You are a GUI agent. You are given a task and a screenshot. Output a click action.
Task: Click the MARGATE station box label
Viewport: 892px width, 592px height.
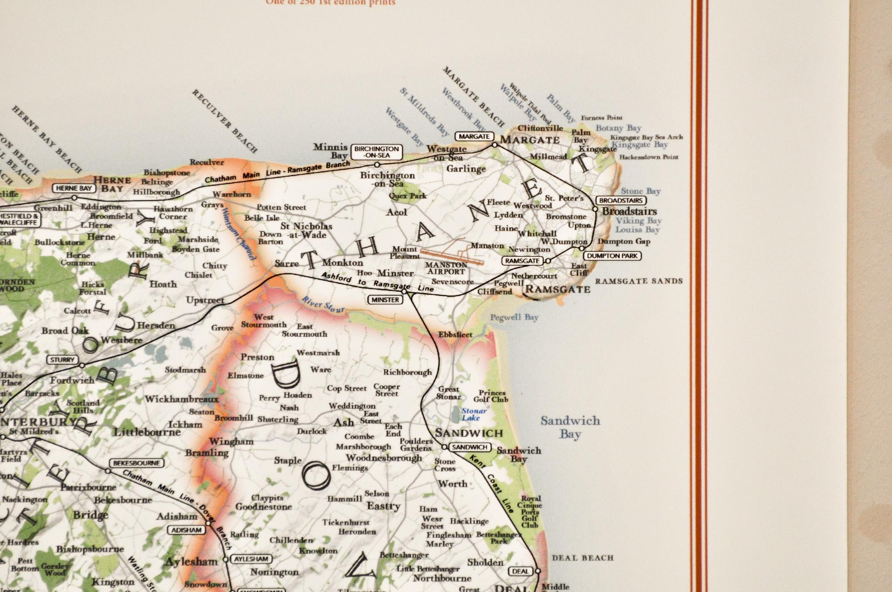point(474,136)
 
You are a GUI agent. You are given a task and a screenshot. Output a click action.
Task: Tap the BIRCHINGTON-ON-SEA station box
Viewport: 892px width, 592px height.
point(376,152)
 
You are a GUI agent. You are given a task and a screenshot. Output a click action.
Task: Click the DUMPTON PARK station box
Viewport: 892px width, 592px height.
point(612,256)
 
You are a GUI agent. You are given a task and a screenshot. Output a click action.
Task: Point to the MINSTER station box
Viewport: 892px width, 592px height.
point(385,300)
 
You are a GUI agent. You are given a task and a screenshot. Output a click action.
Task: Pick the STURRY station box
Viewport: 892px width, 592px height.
point(62,360)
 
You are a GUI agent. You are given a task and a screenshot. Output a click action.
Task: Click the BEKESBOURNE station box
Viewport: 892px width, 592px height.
point(136,463)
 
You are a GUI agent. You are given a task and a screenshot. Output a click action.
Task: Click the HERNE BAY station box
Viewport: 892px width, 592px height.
point(73,188)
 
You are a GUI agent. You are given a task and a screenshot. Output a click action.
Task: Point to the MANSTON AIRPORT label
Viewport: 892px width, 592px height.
point(446,268)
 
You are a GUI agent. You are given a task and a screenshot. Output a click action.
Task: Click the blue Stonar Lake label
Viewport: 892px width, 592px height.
point(473,414)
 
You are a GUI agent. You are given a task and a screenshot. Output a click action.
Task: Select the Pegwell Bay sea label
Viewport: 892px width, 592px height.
point(514,317)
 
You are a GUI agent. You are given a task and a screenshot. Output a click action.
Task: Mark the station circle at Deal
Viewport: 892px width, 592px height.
point(537,571)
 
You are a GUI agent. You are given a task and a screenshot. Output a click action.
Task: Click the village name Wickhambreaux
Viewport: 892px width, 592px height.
point(182,399)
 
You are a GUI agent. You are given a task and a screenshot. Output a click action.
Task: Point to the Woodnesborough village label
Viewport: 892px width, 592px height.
point(384,458)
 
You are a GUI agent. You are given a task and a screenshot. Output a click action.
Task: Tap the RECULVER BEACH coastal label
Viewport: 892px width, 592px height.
point(225,121)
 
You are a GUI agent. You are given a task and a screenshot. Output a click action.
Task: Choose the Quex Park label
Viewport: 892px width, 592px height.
point(408,196)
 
